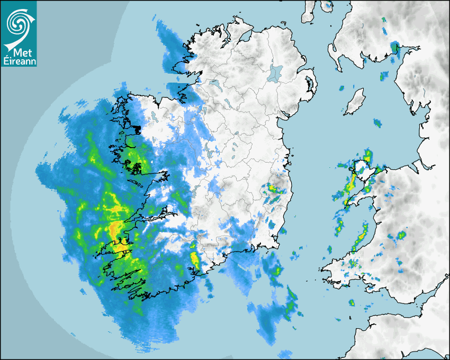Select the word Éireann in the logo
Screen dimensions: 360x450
coord(19,61)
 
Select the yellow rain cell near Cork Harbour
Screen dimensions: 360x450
coord(194,259)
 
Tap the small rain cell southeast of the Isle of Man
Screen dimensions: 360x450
coord(377,123)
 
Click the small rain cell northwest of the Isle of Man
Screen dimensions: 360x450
coord(342,88)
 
